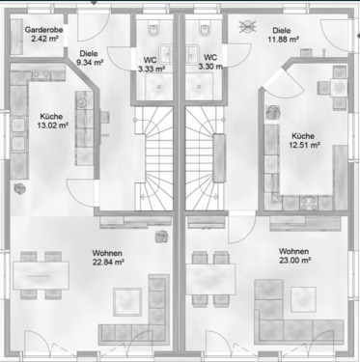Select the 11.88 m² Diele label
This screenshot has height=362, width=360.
[286, 37]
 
